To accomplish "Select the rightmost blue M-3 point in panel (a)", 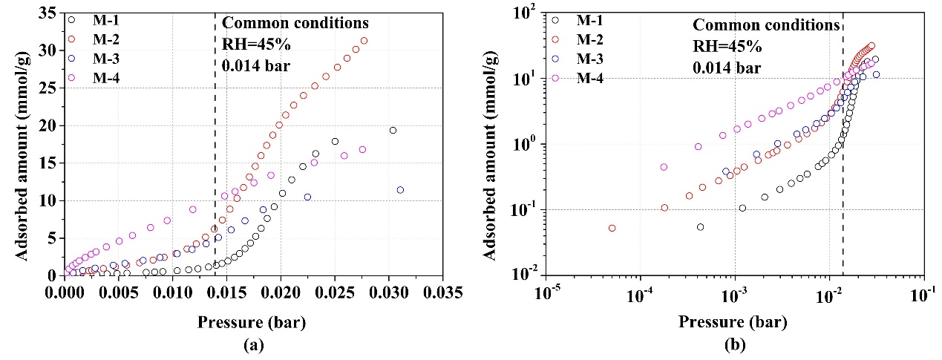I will [x=400, y=190].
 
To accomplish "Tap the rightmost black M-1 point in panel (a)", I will [x=393, y=131].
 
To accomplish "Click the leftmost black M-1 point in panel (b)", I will [x=700, y=227].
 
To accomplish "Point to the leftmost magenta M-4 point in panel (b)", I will [x=664, y=167].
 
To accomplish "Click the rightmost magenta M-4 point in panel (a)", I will [x=362, y=149].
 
